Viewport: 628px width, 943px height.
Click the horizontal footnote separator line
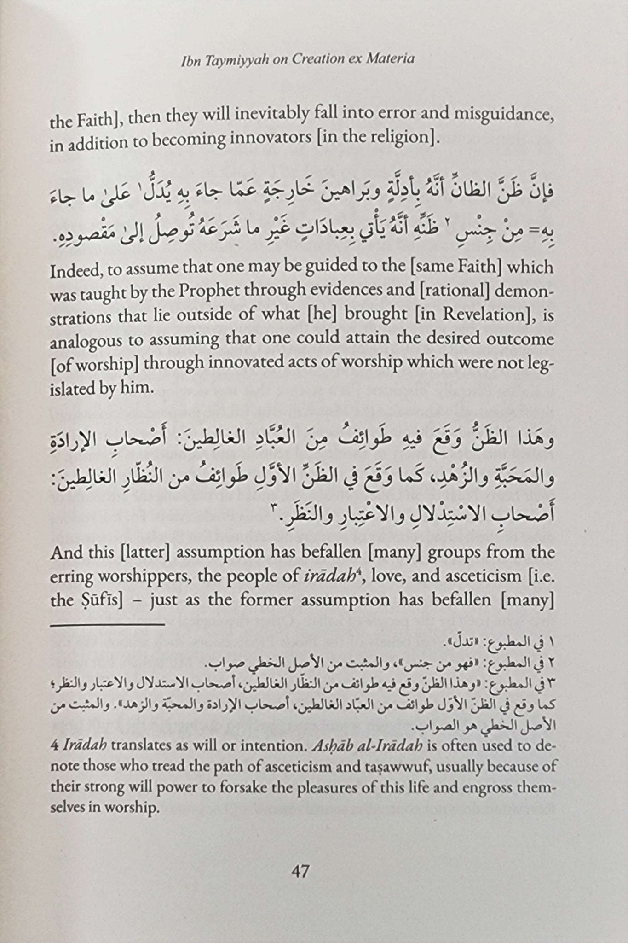coord(107,624)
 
